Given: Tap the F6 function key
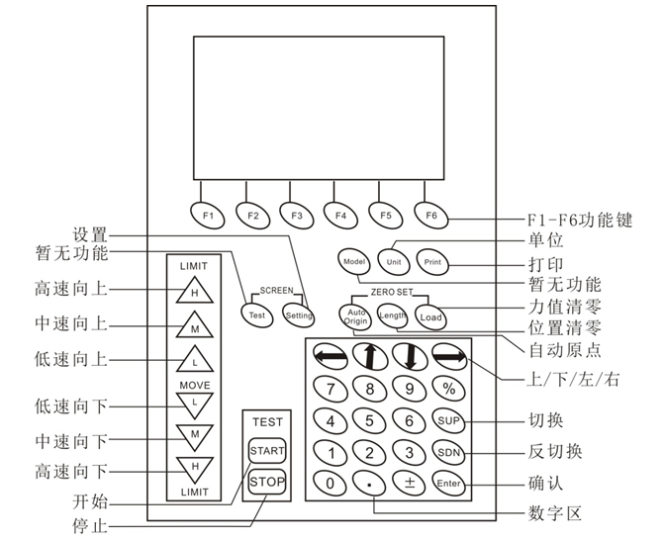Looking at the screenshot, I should click(x=430, y=214).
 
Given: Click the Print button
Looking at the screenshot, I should click(x=432, y=264).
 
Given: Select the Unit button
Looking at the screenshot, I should click(x=393, y=264).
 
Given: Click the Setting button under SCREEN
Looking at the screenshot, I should click(x=298, y=315).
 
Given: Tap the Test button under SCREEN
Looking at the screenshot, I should click(x=256, y=315).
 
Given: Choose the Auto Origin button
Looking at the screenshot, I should click(x=356, y=317).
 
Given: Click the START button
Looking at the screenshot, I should click(x=267, y=451).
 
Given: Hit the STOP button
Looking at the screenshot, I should click(x=267, y=482).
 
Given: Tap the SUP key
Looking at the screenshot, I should click(x=449, y=421).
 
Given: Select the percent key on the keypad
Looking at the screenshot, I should click(x=449, y=390).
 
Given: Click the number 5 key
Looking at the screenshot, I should click(x=369, y=421).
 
